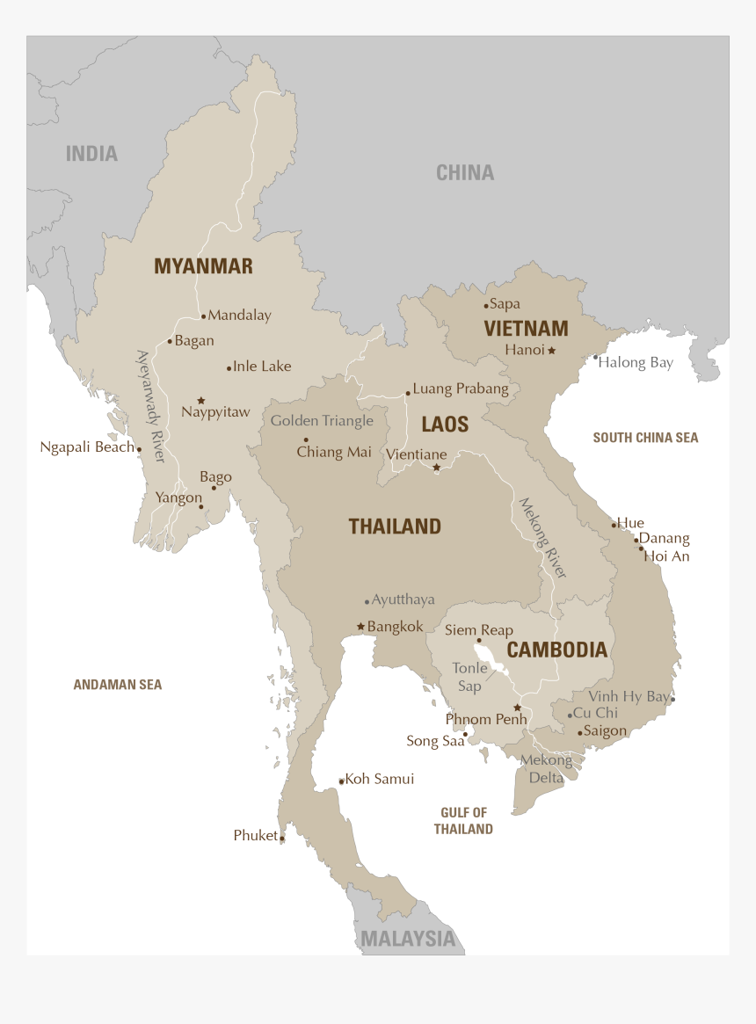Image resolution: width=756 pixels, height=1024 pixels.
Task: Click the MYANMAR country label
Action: [x=203, y=266]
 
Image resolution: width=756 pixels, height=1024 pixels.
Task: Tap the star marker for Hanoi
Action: [x=552, y=351]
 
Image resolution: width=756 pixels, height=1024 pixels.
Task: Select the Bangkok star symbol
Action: [x=360, y=627]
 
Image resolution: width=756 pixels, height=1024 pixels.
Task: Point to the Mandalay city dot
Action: [x=203, y=316]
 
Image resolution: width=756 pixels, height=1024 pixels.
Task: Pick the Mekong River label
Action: [x=542, y=538]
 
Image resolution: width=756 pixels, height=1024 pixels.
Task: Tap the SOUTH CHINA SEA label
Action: [x=645, y=438]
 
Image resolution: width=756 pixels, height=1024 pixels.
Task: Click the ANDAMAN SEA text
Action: [x=117, y=685]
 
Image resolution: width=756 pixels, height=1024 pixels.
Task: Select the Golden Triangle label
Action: [x=322, y=421]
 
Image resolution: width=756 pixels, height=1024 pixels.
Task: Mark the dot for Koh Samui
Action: [x=342, y=781]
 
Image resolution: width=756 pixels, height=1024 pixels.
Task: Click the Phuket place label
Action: [x=255, y=836]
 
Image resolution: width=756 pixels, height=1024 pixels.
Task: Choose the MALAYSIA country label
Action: [x=409, y=939]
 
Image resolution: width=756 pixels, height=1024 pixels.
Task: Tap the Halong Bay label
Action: [x=636, y=363]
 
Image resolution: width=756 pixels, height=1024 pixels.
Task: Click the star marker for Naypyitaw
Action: [x=201, y=400]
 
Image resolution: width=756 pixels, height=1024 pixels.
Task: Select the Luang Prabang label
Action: [x=461, y=389]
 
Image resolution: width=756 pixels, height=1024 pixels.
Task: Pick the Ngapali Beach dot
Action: [x=139, y=449]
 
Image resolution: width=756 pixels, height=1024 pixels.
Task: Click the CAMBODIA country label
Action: [x=556, y=650]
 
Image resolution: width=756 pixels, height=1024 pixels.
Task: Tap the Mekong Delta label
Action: [x=546, y=769]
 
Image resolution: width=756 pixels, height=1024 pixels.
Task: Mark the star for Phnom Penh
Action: [x=517, y=708]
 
